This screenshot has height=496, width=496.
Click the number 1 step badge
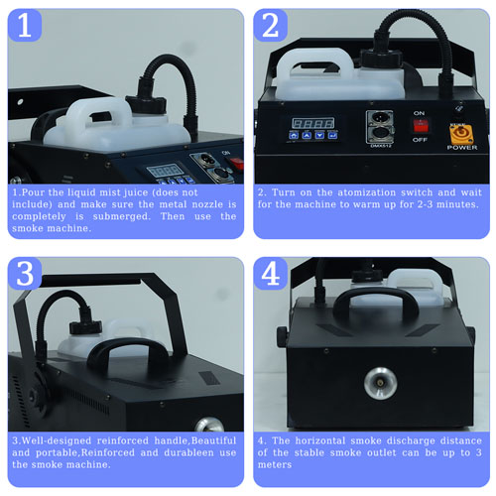pos(25,26)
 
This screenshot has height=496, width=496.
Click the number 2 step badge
pos(271,26)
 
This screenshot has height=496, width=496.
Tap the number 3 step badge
pos(25,274)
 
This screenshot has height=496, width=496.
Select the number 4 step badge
pos(271,274)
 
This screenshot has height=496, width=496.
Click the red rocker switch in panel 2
pos(421,126)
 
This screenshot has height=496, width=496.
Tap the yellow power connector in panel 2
pos(461,134)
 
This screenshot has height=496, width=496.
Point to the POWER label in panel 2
pos(462,148)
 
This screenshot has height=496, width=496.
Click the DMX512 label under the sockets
pos(380,146)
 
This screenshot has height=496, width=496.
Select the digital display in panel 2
pos(312,123)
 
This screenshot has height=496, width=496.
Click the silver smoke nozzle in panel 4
pos(380,383)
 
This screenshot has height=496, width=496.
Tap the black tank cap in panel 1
pos(146,103)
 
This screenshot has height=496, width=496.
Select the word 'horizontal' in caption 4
pos(319,440)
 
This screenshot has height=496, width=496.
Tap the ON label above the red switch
pos(419,113)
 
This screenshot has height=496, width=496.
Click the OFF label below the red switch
pos(420,140)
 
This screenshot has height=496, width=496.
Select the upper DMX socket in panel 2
pos(380,119)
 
